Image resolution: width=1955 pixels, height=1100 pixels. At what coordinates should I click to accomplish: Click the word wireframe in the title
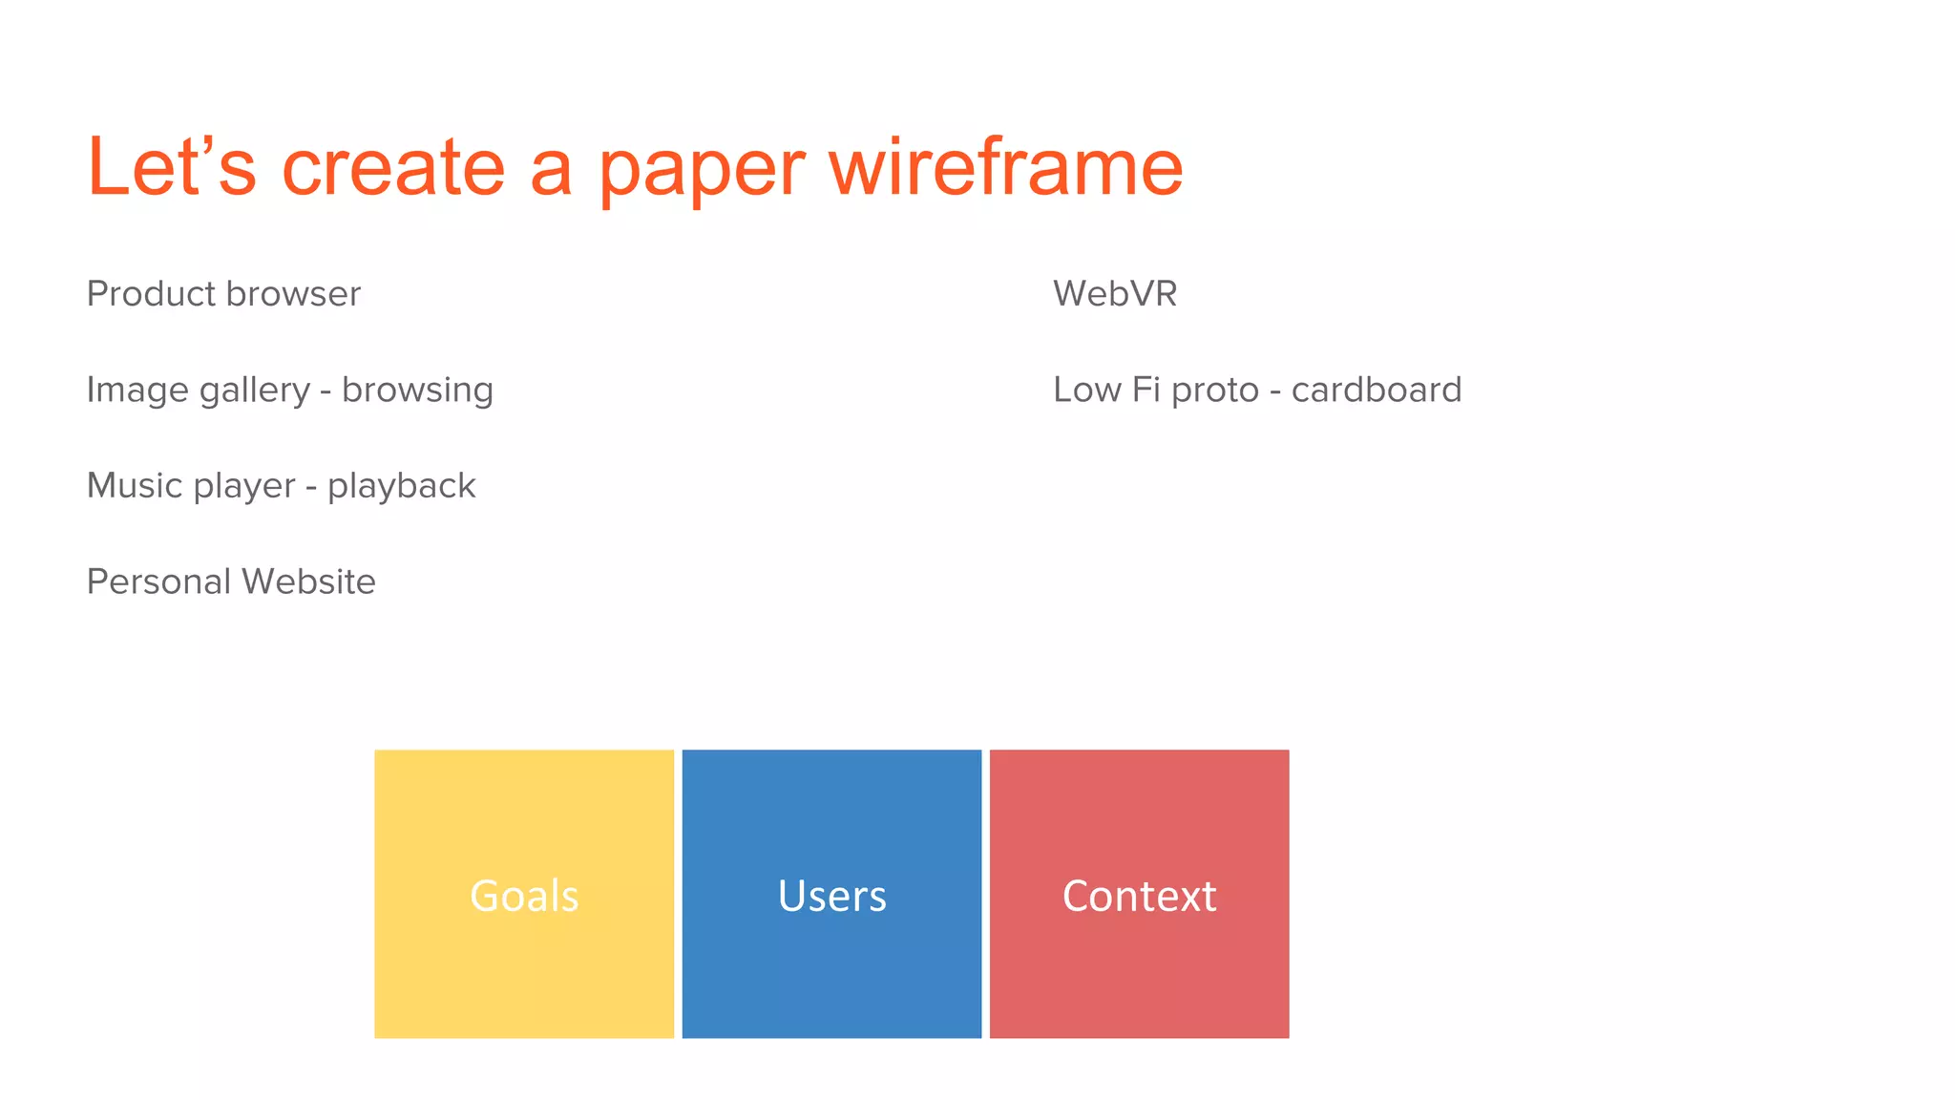(x=1006, y=167)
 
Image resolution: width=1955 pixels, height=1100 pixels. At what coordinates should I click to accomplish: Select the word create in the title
(x=392, y=167)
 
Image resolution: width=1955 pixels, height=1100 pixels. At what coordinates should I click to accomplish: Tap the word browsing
(x=417, y=391)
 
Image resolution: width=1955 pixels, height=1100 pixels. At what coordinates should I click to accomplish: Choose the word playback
(x=401, y=487)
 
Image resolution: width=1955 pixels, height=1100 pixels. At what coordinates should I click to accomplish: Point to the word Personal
(x=158, y=582)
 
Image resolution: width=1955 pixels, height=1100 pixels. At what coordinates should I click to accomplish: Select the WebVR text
(x=1115, y=294)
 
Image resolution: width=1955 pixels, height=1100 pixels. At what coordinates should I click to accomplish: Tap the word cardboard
(x=1376, y=390)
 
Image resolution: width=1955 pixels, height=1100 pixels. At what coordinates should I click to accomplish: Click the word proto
(x=1215, y=391)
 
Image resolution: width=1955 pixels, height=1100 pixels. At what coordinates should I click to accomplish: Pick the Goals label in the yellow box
(x=524, y=896)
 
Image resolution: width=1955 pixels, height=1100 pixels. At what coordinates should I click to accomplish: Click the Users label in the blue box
(x=831, y=896)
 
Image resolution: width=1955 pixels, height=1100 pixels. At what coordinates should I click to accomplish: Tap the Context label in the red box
(x=1139, y=896)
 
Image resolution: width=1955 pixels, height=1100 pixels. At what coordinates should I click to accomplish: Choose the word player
(x=244, y=487)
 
